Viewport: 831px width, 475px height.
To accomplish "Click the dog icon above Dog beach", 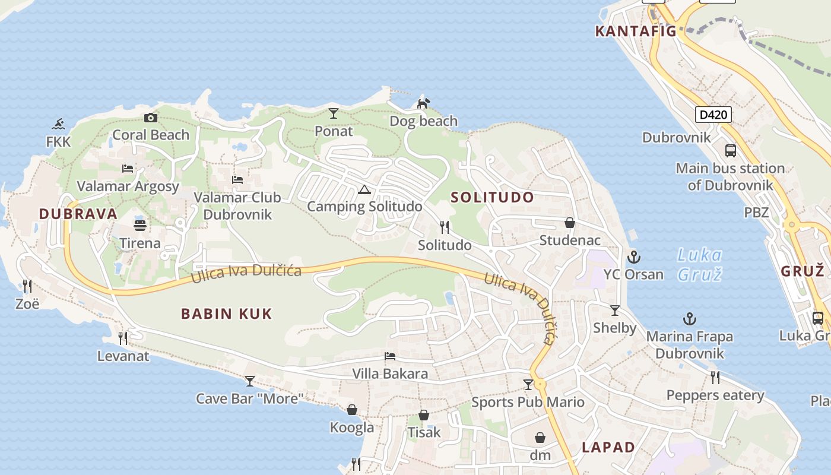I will click(x=423, y=103).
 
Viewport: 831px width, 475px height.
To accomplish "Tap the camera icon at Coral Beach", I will click(x=151, y=118).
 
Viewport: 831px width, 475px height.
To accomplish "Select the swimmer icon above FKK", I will click(x=58, y=124).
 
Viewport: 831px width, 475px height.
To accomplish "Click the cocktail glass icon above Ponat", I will click(x=334, y=113).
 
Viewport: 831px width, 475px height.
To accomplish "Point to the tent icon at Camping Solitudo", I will click(x=364, y=189).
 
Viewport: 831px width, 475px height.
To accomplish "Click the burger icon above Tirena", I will click(x=140, y=226).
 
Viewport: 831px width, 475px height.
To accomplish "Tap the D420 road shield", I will click(x=713, y=115).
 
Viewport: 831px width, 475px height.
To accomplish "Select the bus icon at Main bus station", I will click(x=731, y=151).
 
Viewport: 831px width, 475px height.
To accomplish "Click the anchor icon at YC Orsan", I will click(x=634, y=257).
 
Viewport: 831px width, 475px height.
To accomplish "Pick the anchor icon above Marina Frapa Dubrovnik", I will click(x=689, y=319).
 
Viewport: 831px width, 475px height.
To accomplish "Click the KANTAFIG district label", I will click(x=636, y=31).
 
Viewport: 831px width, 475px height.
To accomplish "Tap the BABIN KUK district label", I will click(x=226, y=313).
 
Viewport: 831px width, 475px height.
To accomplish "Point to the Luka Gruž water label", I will click(x=700, y=265).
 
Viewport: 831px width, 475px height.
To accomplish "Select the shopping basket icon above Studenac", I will click(x=570, y=223).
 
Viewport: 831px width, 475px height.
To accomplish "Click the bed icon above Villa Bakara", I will click(x=390, y=356).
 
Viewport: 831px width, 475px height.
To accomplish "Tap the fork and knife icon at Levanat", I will click(x=123, y=338).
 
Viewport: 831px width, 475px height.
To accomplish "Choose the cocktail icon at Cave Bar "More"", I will click(x=250, y=381).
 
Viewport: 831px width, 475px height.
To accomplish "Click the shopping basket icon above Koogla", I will click(x=352, y=410).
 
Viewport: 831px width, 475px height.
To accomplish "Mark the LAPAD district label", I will click(x=608, y=447).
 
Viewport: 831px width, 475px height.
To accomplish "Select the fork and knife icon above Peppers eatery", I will click(x=715, y=377).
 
